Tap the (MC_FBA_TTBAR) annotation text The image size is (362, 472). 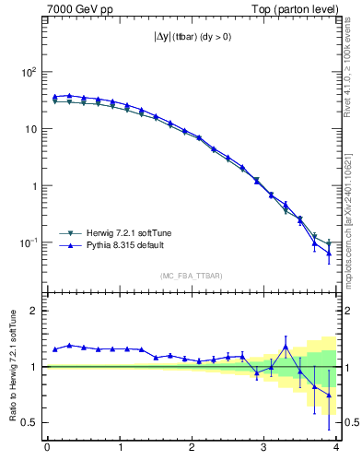tap(192, 276)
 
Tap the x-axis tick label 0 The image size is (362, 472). tap(47, 449)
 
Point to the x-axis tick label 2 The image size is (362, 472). tap(192, 449)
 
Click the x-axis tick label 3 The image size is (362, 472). tap(264, 449)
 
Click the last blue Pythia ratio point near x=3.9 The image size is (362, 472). tap(329, 395)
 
